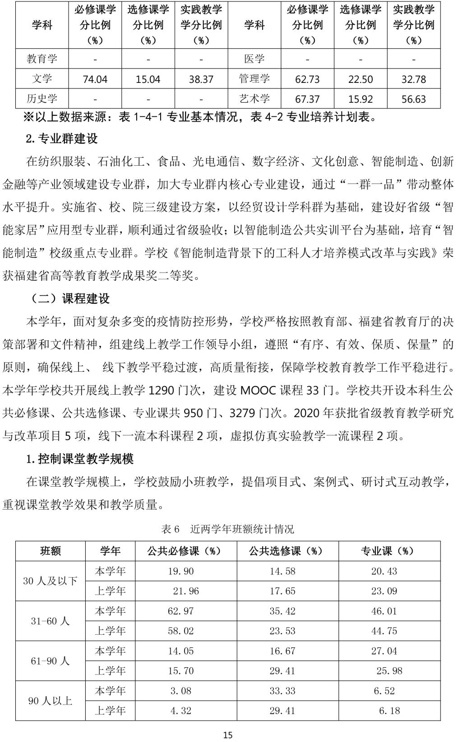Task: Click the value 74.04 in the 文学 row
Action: [95, 80]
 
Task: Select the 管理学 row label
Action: [254, 79]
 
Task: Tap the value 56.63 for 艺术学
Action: [414, 99]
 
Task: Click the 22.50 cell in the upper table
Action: [360, 80]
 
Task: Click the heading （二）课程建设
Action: [68, 299]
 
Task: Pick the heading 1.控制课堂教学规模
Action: [80, 459]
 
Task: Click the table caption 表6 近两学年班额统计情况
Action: [228, 529]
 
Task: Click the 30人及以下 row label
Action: [50, 581]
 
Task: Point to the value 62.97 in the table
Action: [180, 611]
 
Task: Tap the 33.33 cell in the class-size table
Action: [282, 691]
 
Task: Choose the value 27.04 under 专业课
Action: [384, 651]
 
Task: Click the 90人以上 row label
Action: [50, 701]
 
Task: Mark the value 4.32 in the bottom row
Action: [180, 711]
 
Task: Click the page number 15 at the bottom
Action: [228, 735]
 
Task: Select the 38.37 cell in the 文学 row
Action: [201, 80]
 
